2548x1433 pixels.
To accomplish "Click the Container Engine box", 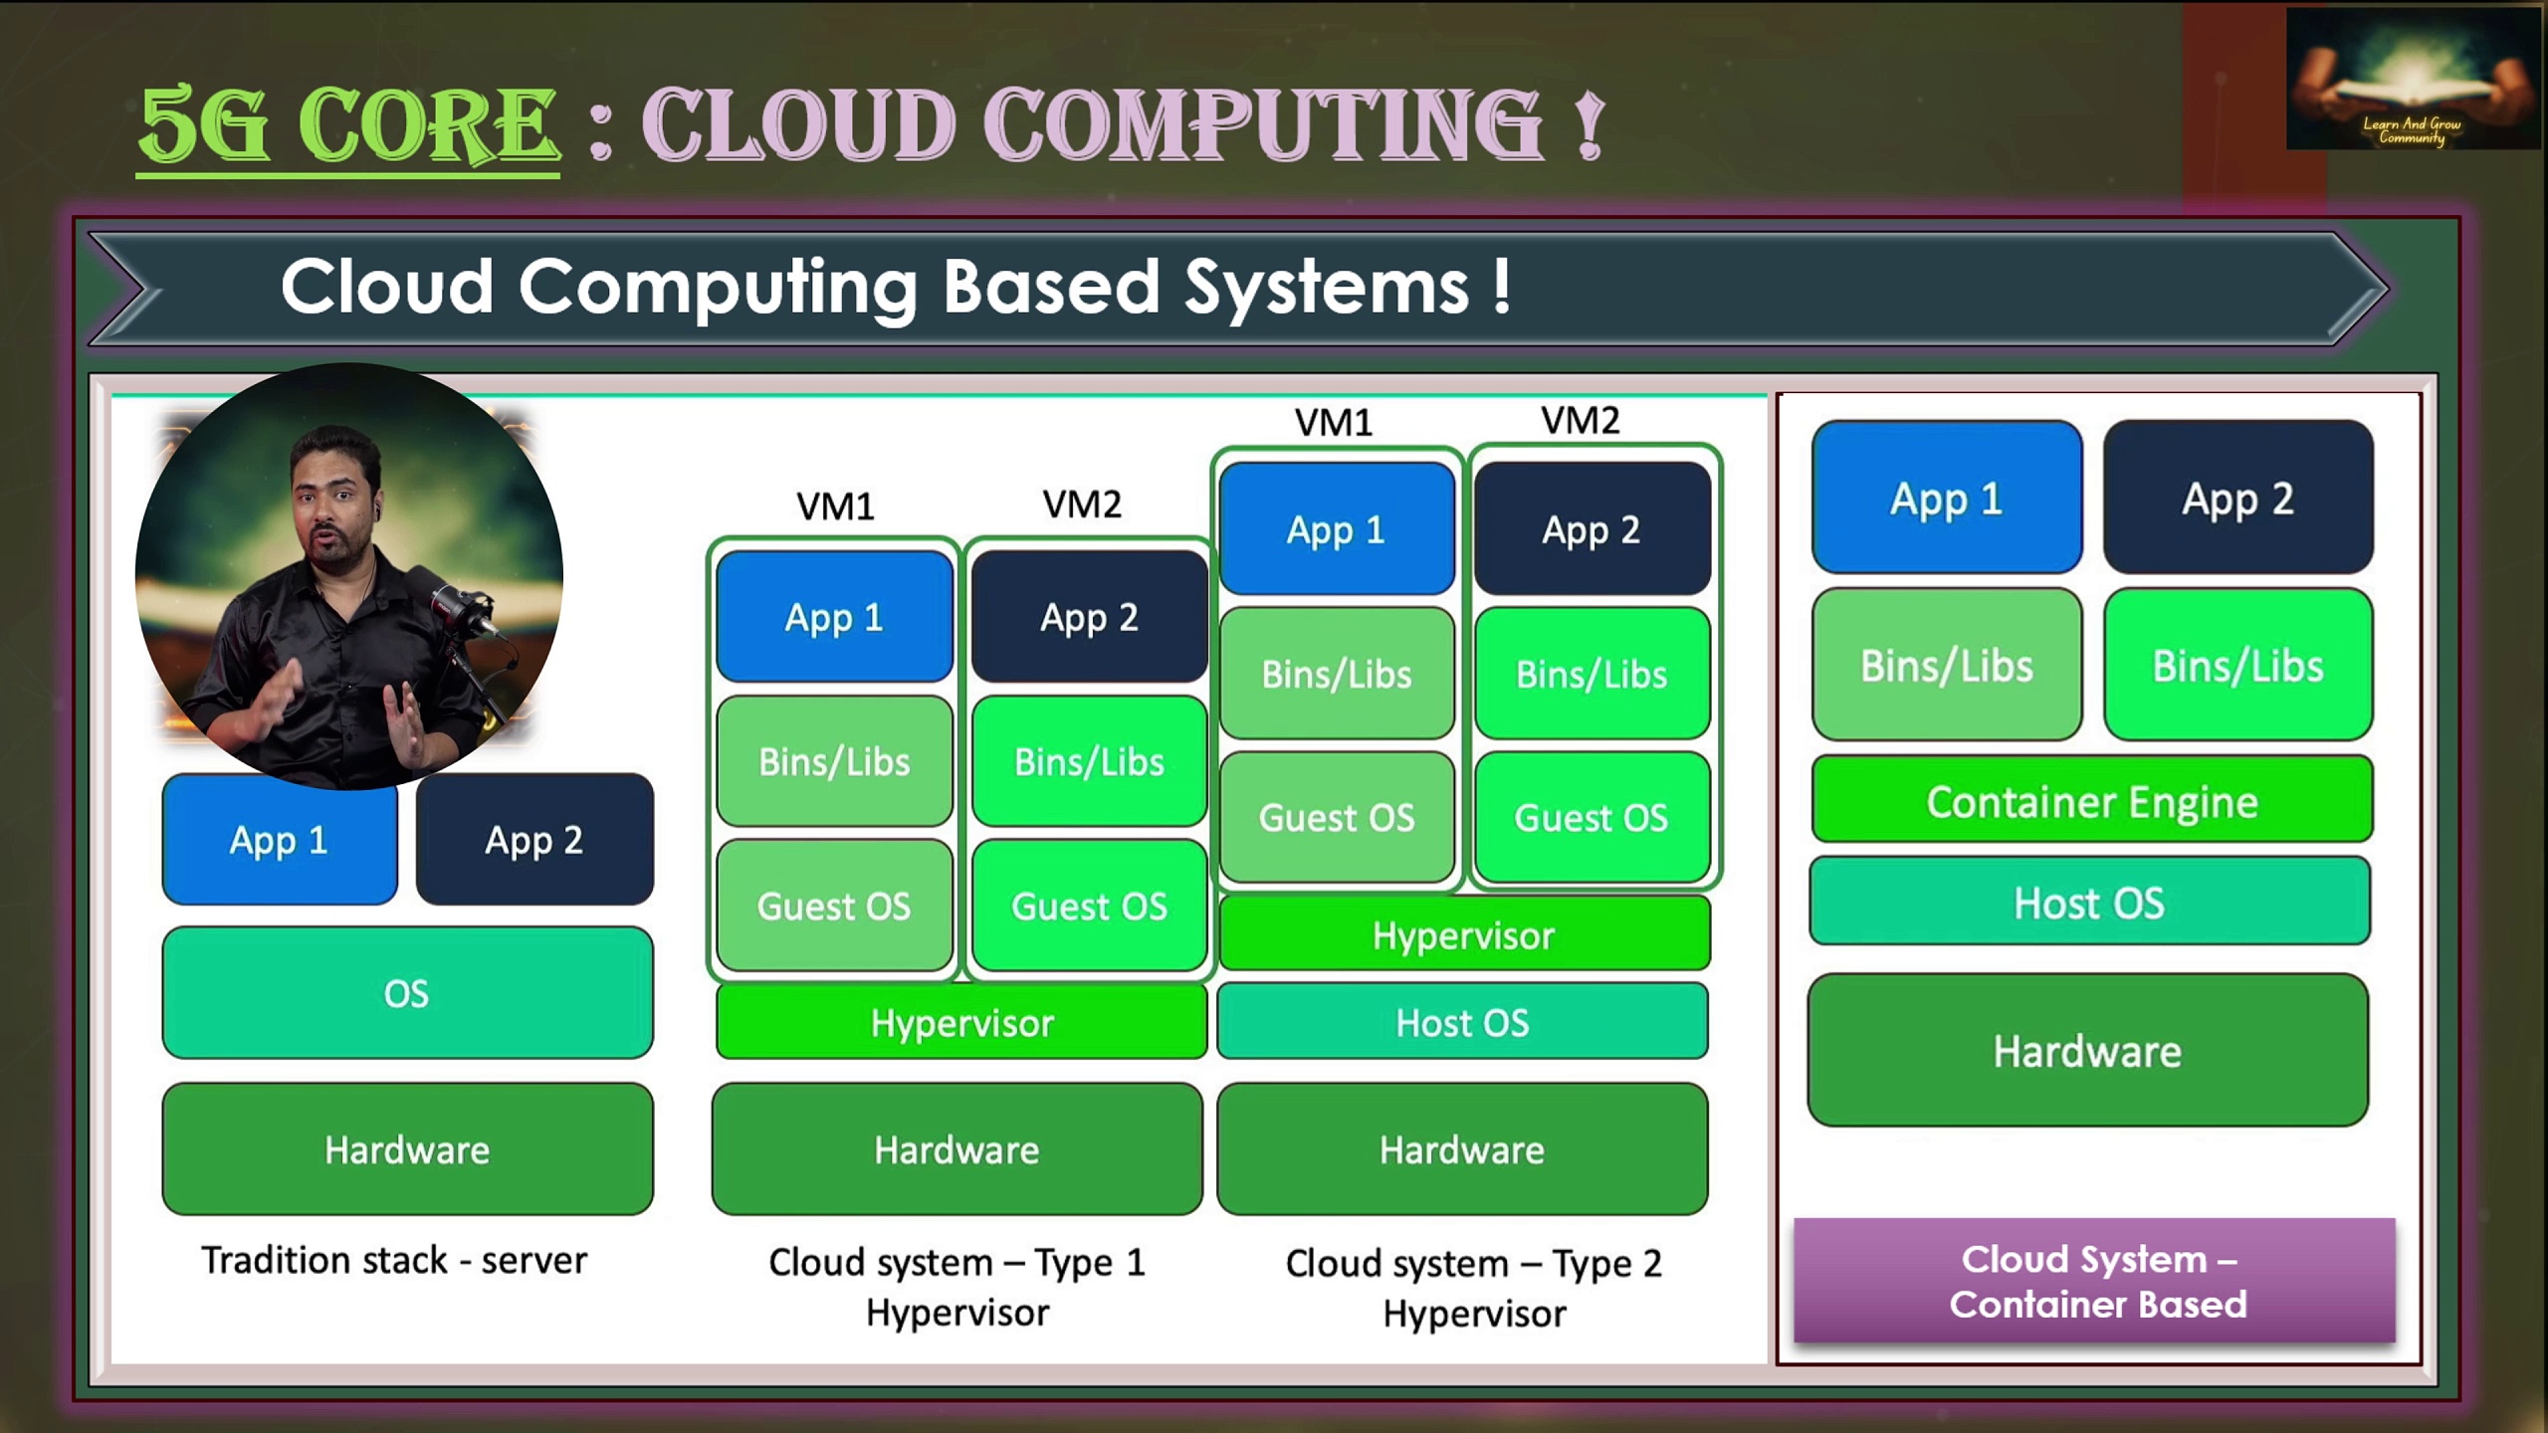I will (x=2091, y=800).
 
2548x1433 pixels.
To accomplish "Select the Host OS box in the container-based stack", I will (x=2089, y=902).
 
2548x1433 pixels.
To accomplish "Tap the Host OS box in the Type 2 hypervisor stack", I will (x=1461, y=1022).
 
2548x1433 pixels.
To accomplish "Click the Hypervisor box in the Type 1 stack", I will (x=960, y=1022).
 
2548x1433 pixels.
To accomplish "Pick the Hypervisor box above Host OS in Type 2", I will (x=1463, y=934).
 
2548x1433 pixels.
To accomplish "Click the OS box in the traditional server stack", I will (x=407, y=992).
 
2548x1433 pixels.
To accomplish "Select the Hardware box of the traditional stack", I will (x=407, y=1149).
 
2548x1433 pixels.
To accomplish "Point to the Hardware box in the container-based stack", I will (x=2087, y=1050).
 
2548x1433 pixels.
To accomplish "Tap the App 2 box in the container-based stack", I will (x=2237, y=498).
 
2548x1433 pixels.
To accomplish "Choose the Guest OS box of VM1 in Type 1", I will (x=834, y=906).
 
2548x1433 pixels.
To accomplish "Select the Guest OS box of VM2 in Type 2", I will (x=1591, y=817).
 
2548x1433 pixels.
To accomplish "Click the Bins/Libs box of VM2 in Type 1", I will (x=1089, y=761).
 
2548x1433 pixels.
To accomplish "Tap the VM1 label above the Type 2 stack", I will (x=1334, y=423).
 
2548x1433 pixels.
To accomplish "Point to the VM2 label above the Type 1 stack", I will (x=1082, y=505).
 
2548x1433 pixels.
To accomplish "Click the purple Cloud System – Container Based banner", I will (x=2094, y=1281).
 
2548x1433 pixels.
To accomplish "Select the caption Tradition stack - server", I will (x=394, y=1260).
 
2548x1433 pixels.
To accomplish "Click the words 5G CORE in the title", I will (x=348, y=124).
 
